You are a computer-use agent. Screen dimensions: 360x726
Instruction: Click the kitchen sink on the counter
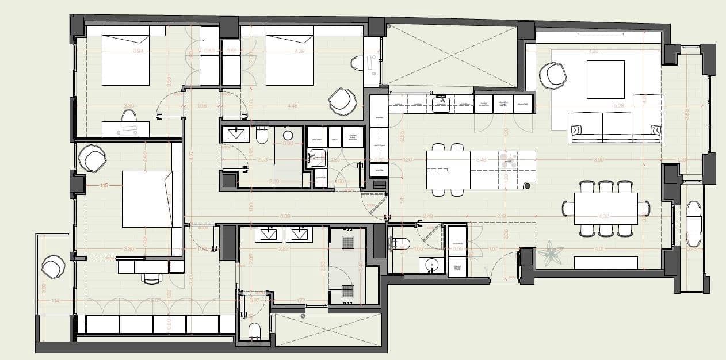(441, 102)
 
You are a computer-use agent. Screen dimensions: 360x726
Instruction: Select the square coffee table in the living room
(605, 79)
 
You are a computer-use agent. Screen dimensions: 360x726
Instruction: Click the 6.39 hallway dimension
(285, 216)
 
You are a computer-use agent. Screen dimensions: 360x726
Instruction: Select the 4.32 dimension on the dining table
(604, 216)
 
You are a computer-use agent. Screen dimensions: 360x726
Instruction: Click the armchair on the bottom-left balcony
(53, 267)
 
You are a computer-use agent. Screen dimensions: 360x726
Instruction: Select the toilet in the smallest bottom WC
(254, 331)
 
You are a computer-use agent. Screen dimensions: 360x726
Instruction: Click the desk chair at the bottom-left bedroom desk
(151, 278)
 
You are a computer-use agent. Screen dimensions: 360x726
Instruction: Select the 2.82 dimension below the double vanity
(284, 249)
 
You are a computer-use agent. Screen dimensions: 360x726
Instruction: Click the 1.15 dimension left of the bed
(104, 186)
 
